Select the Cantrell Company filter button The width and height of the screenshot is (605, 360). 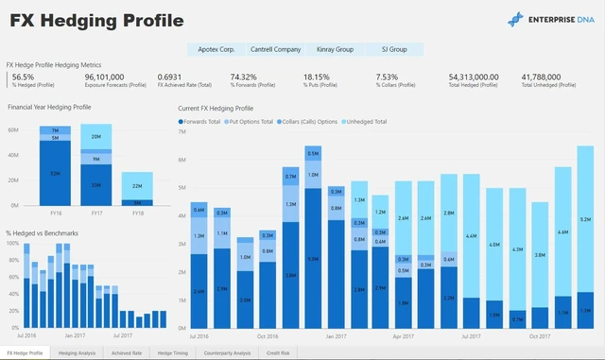pos(275,48)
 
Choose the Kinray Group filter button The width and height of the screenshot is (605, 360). pos(335,48)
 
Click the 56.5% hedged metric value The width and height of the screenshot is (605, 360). pos(23,77)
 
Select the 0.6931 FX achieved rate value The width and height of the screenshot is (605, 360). pos(171,77)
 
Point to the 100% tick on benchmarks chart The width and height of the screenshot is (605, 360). pos(13,243)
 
